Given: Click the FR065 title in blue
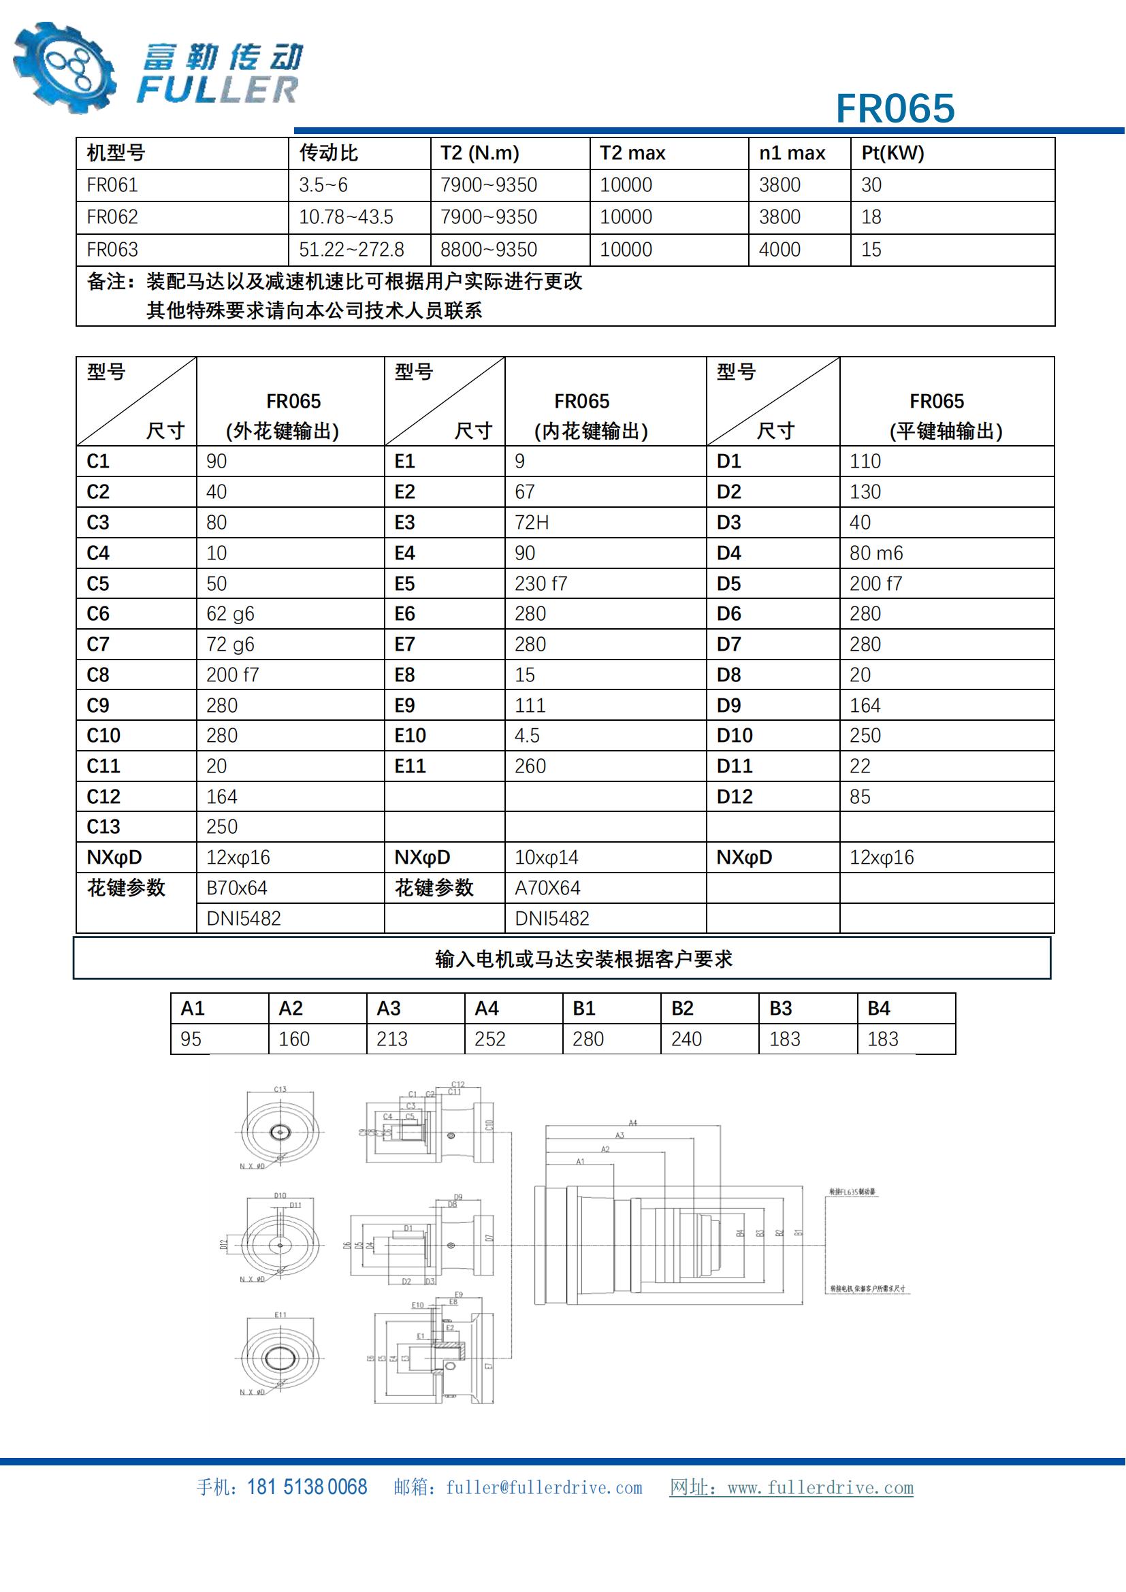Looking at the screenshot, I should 895,109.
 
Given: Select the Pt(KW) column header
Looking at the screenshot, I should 892,153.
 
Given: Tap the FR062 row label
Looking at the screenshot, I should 112,217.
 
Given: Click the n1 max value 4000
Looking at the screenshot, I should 779,250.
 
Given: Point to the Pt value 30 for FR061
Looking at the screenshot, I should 871,185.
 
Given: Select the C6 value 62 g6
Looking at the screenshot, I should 230,614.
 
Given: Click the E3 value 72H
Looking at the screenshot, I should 532,522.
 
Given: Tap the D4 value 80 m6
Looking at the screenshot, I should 876,553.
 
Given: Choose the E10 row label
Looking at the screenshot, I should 410,736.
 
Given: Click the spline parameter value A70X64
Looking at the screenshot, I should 547,888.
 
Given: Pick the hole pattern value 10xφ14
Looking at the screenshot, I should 547,858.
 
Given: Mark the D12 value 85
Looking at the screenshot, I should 860,797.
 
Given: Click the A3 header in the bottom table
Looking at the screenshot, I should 388,1008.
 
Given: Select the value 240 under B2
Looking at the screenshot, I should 686,1039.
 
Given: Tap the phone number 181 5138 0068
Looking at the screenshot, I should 306,1487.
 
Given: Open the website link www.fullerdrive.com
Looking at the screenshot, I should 820,1488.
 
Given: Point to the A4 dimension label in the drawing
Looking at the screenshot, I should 632,1122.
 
